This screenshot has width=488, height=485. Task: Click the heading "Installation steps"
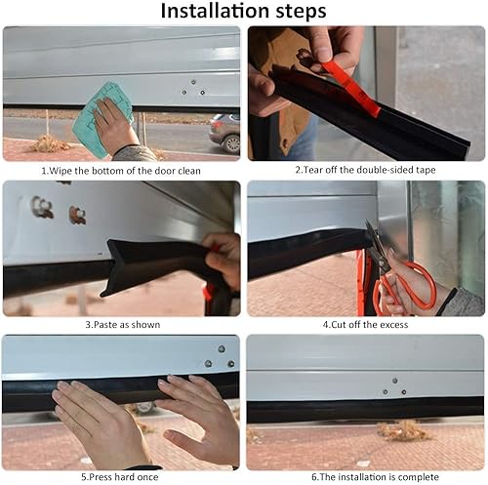click(244, 12)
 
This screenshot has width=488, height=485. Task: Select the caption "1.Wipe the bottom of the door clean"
click(121, 170)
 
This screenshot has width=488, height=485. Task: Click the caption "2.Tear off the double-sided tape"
click(365, 170)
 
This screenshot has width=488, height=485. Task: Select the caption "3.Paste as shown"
click(121, 324)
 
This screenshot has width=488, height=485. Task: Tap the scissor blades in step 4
click(376, 244)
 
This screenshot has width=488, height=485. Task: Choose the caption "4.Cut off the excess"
click(365, 324)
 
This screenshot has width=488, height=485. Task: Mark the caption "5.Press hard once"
click(121, 477)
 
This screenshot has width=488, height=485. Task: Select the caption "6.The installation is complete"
click(365, 477)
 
